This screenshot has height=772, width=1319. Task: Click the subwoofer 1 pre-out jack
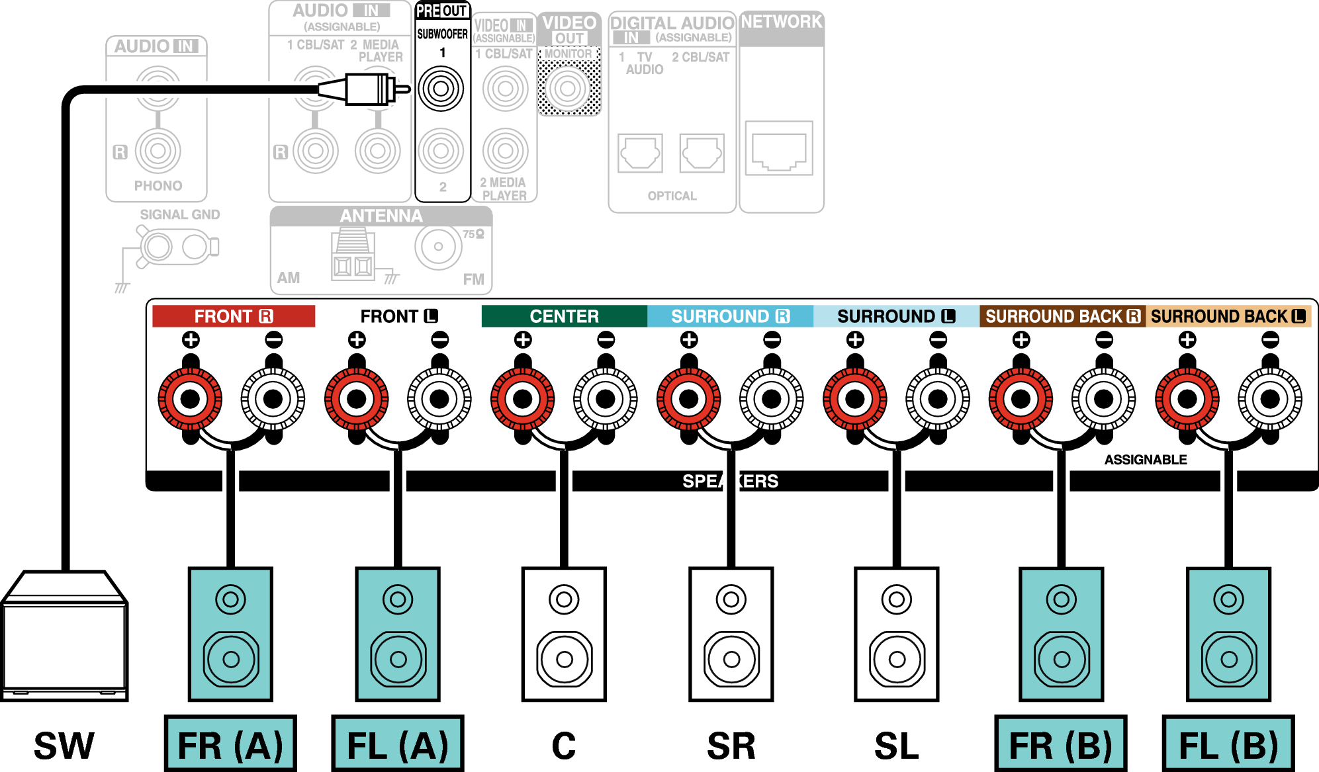441,88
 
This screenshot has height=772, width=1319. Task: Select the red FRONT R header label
234,316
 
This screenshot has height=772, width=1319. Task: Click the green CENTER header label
564,316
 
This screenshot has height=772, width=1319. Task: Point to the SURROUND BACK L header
1228,316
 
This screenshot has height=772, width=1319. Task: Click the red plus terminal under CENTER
523,399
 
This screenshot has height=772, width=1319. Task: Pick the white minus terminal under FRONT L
439,399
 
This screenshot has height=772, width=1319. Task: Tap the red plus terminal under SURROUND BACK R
1021,399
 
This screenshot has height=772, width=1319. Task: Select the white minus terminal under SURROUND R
772,399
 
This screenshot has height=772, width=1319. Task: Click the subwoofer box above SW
64,635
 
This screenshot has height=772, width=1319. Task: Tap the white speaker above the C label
564,634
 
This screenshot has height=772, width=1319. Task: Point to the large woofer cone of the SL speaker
897,659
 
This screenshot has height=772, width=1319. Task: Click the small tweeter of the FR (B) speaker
1062,599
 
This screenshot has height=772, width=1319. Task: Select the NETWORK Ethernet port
779,148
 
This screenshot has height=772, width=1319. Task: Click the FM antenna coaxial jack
438,247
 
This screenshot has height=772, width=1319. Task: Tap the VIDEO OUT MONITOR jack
568,88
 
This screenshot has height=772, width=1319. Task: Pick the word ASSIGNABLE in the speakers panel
1146,460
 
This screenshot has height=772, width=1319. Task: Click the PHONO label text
158,186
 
